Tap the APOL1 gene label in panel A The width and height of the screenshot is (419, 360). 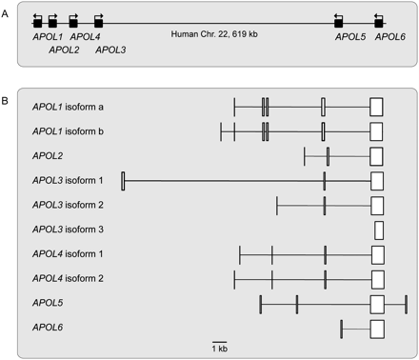[x=37, y=36]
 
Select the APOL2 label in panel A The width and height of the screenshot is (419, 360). [x=64, y=50]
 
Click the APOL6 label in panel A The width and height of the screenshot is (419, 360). [x=390, y=36]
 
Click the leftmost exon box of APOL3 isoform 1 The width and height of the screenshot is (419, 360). [x=124, y=180]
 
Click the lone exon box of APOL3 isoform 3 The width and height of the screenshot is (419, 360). [x=379, y=230]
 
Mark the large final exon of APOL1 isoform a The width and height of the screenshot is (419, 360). [x=376, y=106]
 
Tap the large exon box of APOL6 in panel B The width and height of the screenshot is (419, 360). [x=376, y=329]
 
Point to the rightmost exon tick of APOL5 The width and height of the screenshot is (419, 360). [x=407, y=304]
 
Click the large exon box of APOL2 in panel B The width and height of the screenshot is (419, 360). [x=376, y=155]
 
